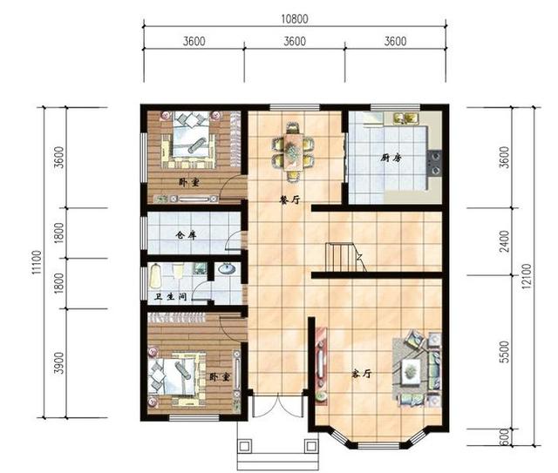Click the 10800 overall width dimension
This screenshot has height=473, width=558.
[x=295, y=19]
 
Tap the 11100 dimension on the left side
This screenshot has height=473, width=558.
[x=37, y=262]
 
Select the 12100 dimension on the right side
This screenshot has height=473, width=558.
[x=527, y=276]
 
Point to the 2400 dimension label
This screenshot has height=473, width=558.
[x=505, y=241]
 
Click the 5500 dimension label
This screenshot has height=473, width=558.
[x=505, y=352]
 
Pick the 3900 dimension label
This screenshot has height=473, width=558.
[x=59, y=362]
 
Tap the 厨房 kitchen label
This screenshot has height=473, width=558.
[x=391, y=158]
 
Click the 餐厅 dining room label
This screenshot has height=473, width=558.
[x=290, y=200]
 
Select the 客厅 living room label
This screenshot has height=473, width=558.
[x=362, y=374]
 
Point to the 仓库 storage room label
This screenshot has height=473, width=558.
[x=186, y=235]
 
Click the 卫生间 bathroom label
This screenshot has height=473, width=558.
[x=171, y=296]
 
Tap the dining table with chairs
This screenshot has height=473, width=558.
[x=293, y=152]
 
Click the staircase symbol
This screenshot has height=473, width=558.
[x=345, y=258]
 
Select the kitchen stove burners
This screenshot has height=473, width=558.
[x=434, y=163]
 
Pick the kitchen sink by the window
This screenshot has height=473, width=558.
[x=405, y=118]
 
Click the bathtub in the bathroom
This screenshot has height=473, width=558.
[x=155, y=275]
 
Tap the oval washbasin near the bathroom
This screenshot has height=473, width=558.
[x=227, y=268]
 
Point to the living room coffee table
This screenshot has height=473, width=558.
[x=411, y=372]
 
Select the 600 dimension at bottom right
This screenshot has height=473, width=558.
[x=505, y=437]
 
